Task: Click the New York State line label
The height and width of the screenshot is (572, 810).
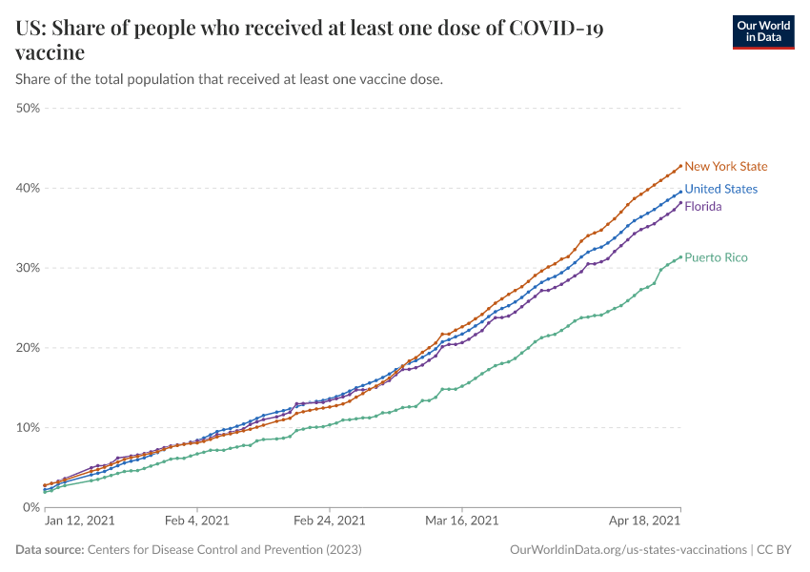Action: coord(725,167)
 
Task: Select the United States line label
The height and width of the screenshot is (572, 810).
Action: coord(720,189)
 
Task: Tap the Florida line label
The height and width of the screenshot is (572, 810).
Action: coord(703,207)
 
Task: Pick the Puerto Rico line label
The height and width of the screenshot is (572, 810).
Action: coord(716,257)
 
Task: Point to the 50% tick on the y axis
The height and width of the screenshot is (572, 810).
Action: coord(28,109)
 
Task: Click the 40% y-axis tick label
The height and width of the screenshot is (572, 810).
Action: coord(28,188)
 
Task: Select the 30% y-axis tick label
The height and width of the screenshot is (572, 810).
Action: coord(28,268)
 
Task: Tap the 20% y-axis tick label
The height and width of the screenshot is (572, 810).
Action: coord(28,348)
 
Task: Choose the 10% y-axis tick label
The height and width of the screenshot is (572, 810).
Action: coord(28,427)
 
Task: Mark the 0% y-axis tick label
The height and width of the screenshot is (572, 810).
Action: coord(31,507)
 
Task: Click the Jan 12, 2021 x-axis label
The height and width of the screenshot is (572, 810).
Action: coord(79,521)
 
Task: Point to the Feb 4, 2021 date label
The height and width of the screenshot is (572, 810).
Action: coord(196,521)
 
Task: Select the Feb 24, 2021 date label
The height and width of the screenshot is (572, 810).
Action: coord(329,521)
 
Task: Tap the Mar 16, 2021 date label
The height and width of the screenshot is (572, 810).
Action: coord(462,521)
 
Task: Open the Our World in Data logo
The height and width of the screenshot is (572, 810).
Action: coord(763,31)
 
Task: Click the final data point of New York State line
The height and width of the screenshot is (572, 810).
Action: coord(680,165)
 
